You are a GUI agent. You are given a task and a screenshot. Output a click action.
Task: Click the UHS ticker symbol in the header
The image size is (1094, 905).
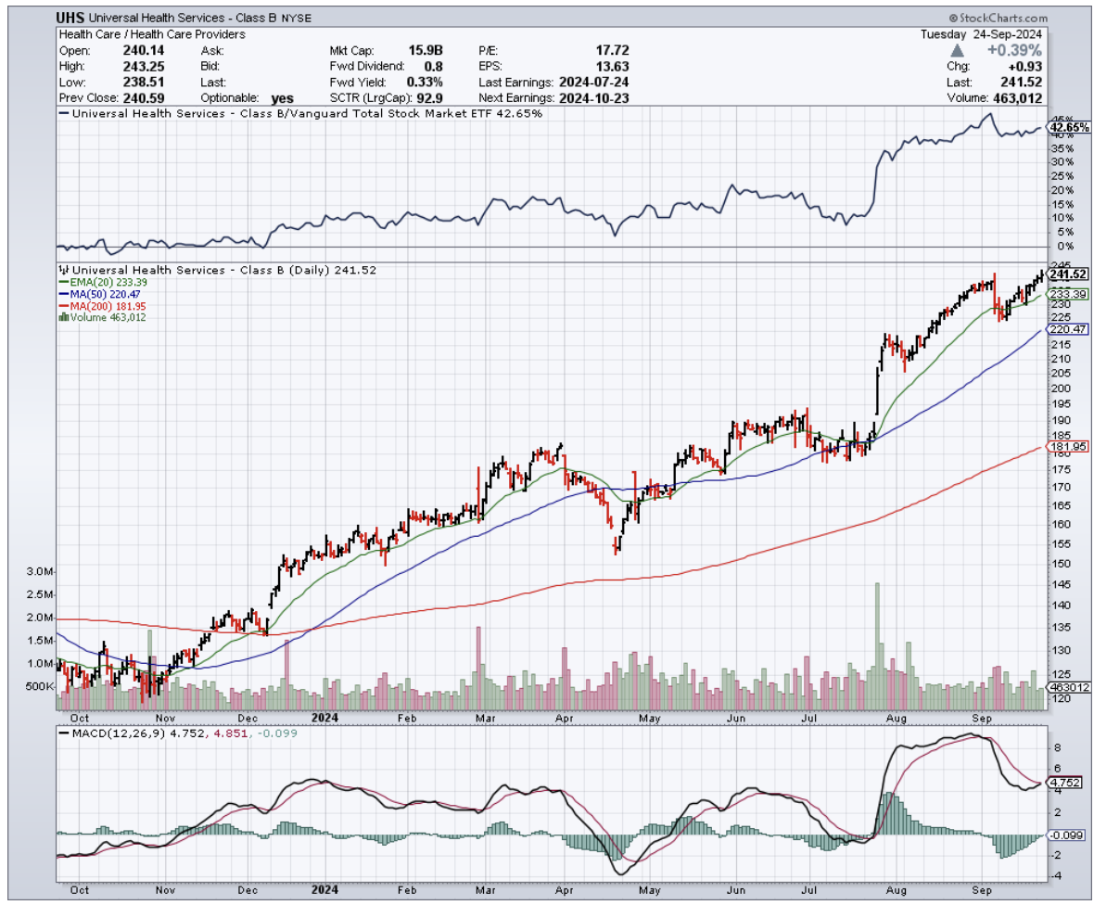[x=71, y=19]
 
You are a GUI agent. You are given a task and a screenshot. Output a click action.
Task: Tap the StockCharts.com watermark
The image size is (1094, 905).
[x=998, y=19]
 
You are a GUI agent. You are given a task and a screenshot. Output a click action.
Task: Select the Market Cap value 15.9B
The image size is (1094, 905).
[x=427, y=50]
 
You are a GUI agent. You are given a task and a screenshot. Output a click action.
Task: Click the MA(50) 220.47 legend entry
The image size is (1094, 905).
[x=102, y=294]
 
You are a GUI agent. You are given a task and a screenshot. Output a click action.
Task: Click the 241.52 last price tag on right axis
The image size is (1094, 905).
[x=1067, y=274]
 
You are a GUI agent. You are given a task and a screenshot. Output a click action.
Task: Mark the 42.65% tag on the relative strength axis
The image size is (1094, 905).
[x=1067, y=128]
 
